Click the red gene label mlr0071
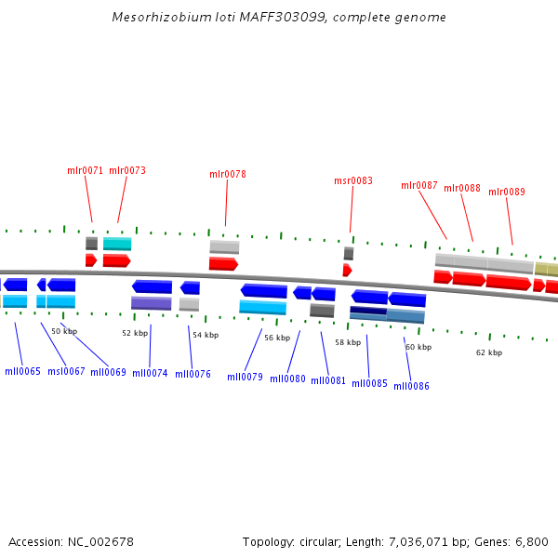tap(86, 170)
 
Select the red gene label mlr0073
tap(127, 170)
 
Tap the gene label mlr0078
tap(228, 174)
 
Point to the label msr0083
tap(353, 180)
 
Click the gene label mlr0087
tap(419, 185)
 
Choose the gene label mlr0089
tap(507, 192)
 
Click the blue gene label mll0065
tap(22, 371)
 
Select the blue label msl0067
tap(65, 371)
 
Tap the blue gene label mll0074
tap(150, 373)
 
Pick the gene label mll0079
tap(245, 377)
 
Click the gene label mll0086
tap(411, 386)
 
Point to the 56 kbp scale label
tap(277, 338)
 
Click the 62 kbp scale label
tap(489, 352)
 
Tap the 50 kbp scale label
tap(64, 331)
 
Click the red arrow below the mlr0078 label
tap(223, 264)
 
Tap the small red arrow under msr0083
tap(347, 270)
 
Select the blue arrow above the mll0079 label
tap(263, 291)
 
